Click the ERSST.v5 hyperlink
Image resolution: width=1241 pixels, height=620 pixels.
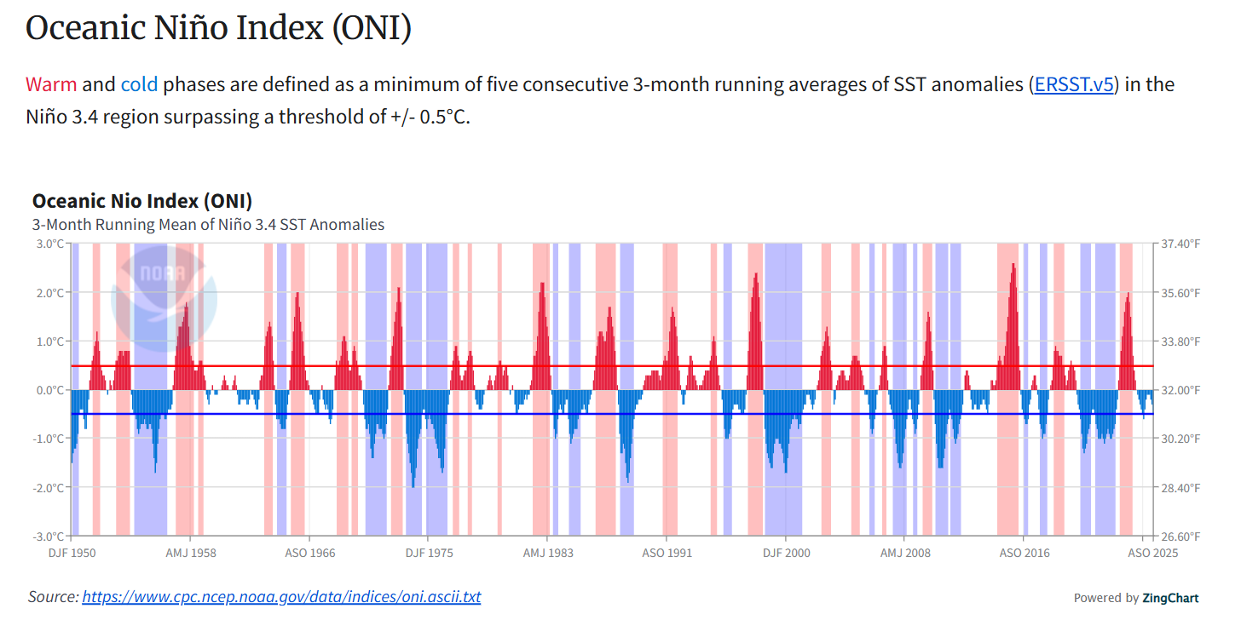point(1073,84)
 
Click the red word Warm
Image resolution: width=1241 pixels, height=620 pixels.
point(51,84)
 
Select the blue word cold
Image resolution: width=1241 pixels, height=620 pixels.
point(139,84)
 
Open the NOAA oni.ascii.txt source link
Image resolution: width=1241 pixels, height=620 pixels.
point(281,597)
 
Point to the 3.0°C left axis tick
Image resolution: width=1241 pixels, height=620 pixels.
point(48,244)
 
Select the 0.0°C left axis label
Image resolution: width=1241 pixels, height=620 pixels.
point(48,390)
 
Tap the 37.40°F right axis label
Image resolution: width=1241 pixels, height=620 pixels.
point(1180,244)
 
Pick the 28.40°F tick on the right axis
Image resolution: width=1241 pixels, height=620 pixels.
point(1180,488)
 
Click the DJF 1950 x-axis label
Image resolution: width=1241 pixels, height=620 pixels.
point(72,553)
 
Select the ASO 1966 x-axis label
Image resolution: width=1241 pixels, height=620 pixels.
point(309,553)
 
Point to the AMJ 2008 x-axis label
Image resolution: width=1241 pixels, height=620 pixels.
point(904,553)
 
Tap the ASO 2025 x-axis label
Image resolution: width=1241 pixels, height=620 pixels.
point(1152,553)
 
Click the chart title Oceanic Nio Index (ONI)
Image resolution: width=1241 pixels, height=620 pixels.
point(142,202)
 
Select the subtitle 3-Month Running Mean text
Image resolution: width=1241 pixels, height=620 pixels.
point(208,225)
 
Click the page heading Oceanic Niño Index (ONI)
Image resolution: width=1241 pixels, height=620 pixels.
point(219,28)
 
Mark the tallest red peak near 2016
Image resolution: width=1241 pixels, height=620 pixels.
point(1013,266)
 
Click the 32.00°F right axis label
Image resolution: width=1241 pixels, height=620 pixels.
point(1180,390)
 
